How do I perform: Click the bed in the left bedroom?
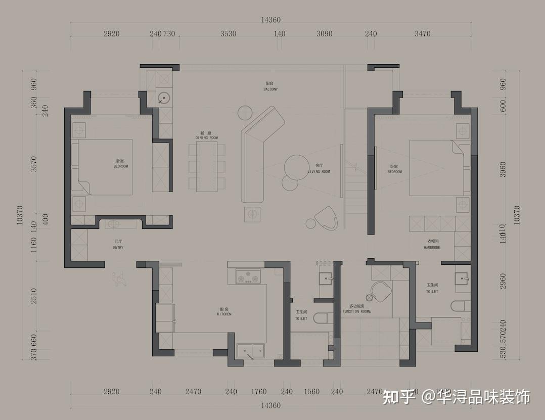tap(105, 167)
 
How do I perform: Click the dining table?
tap(206, 166)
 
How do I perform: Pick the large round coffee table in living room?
tap(297, 166)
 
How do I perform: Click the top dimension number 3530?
tap(228, 34)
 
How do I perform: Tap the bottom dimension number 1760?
tap(258, 391)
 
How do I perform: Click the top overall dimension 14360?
tap(271, 20)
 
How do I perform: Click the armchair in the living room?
tap(326, 219)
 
